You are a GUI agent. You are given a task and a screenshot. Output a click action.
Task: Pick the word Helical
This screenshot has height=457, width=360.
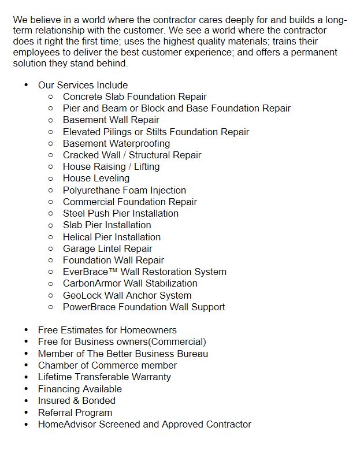(x=78, y=237)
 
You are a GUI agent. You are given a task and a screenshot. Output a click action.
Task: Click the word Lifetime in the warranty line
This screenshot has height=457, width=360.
(x=55, y=377)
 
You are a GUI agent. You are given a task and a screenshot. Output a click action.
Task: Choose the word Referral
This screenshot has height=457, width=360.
(x=56, y=413)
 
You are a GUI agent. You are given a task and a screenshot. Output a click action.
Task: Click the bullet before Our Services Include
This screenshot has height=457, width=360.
(x=26, y=85)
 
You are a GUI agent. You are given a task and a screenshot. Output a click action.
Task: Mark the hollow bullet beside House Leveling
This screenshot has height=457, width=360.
(x=51, y=179)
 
